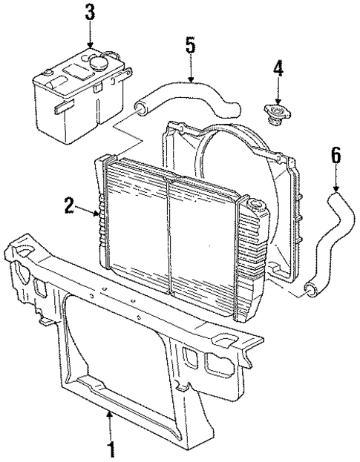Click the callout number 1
111,449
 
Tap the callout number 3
91,13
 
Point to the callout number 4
278,70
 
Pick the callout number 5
190,45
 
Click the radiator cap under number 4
278,112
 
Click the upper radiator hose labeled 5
186,96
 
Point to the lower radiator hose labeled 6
333,237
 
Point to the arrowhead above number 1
110,415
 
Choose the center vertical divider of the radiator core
169,237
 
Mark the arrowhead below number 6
334,190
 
